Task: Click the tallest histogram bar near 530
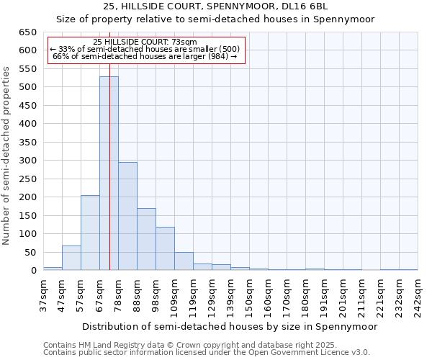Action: (x=109, y=173)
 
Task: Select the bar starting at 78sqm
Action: (x=127, y=216)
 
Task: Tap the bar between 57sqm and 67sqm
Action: (x=90, y=233)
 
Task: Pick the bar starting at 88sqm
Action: (x=146, y=239)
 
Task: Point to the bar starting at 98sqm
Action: (x=165, y=248)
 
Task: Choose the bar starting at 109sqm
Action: (x=184, y=261)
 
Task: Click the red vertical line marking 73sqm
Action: (x=109, y=144)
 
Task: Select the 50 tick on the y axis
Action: (x=30, y=252)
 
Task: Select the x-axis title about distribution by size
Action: (x=229, y=326)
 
